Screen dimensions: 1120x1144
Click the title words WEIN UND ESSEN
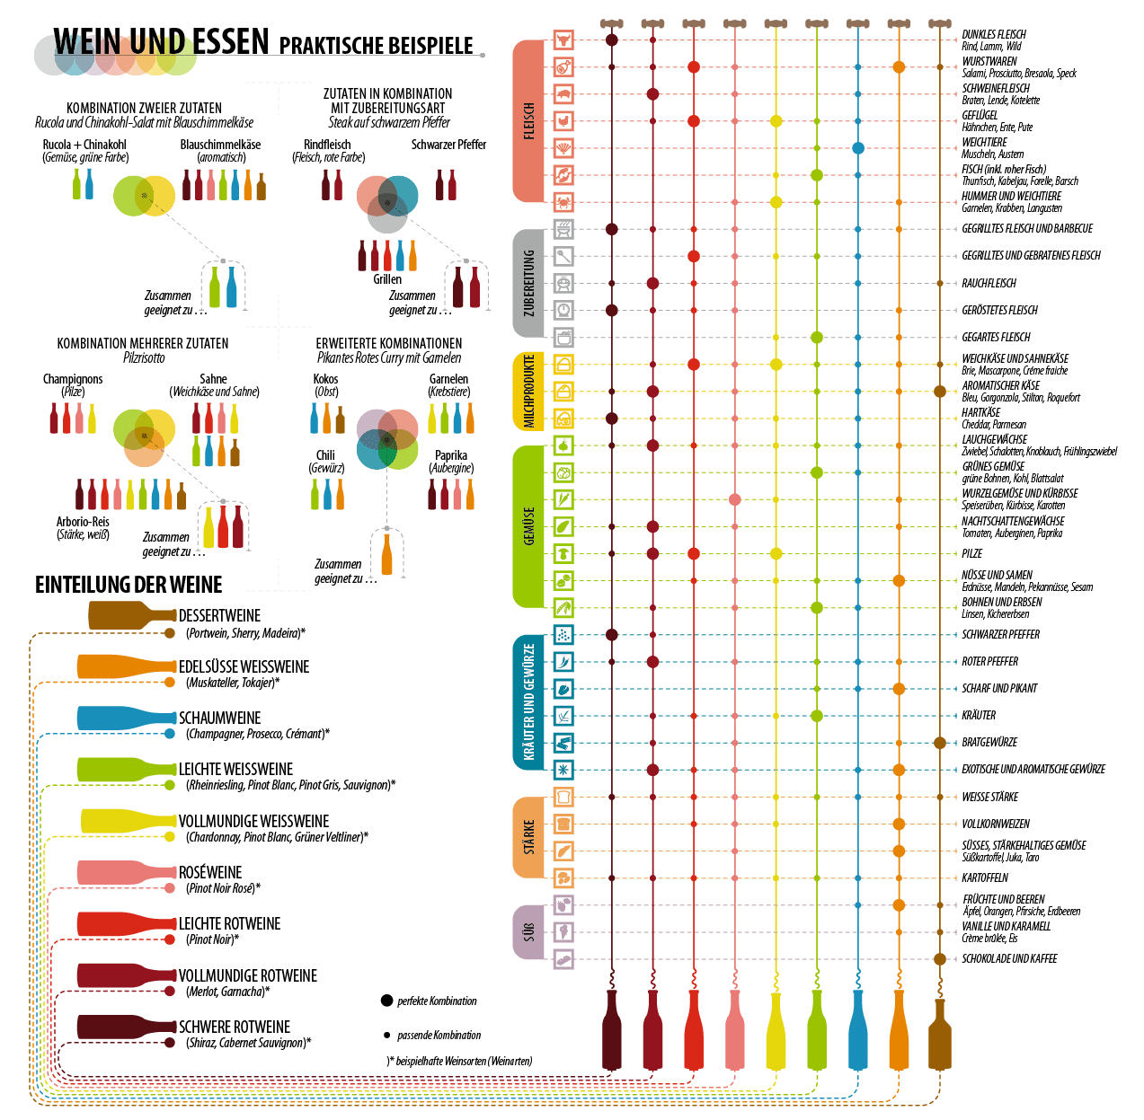coord(162,41)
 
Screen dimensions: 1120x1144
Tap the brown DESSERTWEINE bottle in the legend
coord(130,615)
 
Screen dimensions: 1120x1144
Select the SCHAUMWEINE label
coord(220,719)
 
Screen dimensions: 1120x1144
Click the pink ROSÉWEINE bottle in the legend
coord(126,872)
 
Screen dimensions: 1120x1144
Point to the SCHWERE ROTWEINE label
coord(235,1027)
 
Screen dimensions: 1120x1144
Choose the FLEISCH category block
coord(529,121)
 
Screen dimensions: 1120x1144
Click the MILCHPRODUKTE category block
coord(529,392)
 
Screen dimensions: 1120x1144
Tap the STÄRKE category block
coord(529,837)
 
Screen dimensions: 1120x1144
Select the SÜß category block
coord(529,931)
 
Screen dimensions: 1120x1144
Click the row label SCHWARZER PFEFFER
coord(1000,634)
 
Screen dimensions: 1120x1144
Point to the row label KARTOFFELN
coord(985,877)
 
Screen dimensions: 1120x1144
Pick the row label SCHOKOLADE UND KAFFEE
coord(1009,958)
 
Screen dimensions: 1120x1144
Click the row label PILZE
coord(972,553)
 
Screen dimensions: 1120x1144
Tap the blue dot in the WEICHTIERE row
coord(858,148)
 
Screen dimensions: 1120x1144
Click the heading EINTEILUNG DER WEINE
coord(129,585)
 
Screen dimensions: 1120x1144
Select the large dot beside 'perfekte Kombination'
coord(386,1001)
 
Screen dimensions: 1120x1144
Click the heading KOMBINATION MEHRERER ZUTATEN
coord(143,343)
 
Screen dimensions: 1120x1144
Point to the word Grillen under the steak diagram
coord(387,279)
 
